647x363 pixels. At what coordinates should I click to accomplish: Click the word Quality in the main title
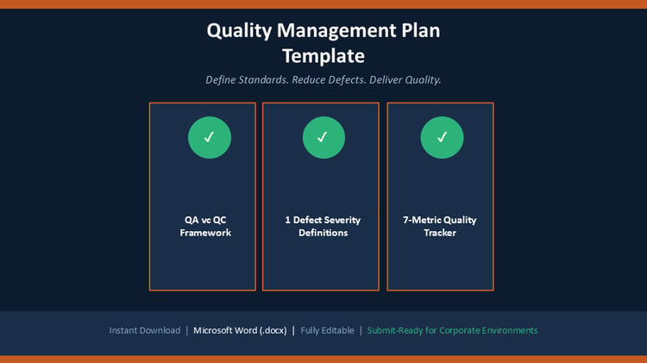pyautogui.click(x=239, y=31)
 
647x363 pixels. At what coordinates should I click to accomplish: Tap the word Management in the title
pyautogui.click(x=336, y=31)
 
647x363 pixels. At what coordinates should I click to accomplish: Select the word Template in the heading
pyautogui.click(x=323, y=57)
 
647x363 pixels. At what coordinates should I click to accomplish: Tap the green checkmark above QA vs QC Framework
pyautogui.click(x=210, y=137)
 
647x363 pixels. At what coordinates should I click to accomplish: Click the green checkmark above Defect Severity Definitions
pyautogui.click(x=323, y=137)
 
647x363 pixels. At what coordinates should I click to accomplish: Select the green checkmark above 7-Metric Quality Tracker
pyautogui.click(x=442, y=137)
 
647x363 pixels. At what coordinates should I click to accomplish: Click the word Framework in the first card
pyautogui.click(x=205, y=233)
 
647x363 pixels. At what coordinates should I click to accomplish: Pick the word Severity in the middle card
pyautogui.click(x=342, y=220)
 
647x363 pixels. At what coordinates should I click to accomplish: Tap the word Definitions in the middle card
pyautogui.click(x=323, y=233)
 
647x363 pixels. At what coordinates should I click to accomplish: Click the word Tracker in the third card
pyautogui.click(x=440, y=233)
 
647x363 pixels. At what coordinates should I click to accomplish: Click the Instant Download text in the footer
pyautogui.click(x=145, y=330)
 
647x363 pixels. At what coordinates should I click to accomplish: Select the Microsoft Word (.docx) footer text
pyautogui.click(x=240, y=330)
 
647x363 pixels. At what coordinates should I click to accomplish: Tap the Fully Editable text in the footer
pyautogui.click(x=327, y=330)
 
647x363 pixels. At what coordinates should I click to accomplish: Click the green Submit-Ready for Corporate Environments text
pyautogui.click(x=452, y=330)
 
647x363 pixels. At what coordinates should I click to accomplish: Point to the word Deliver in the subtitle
pyautogui.click(x=386, y=79)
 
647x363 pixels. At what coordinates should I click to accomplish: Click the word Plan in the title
pyautogui.click(x=420, y=31)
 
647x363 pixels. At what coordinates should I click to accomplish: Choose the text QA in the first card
pyautogui.click(x=192, y=220)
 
